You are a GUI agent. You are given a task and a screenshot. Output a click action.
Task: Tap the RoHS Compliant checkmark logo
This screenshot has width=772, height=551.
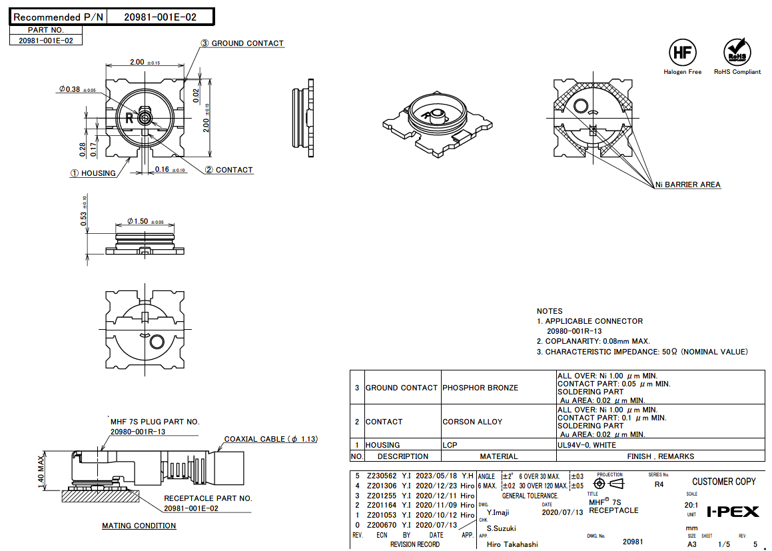click(x=737, y=52)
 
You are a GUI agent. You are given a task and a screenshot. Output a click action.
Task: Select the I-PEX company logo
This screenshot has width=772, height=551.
click(x=733, y=512)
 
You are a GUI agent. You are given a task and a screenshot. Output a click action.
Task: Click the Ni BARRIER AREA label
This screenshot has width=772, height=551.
click(x=687, y=185)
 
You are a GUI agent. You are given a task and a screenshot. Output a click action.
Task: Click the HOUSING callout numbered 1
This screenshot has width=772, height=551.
click(x=93, y=173)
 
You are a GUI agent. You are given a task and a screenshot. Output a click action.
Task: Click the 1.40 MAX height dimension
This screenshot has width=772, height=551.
click(x=41, y=471)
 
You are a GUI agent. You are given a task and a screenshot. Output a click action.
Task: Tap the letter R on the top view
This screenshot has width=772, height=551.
click(x=129, y=118)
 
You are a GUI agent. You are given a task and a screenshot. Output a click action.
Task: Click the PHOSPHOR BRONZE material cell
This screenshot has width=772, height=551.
click(x=480, y=388)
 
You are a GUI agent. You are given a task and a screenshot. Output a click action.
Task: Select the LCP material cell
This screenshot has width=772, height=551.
click(x=450, y=445)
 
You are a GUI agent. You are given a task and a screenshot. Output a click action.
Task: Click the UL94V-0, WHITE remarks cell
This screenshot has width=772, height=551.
click(x=587, y=445)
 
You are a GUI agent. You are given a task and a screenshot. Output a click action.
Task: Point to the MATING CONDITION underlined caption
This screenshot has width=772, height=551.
click(x=139, y=526)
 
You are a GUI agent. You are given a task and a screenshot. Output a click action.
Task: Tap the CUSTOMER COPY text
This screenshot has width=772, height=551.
click(x=724, y=482)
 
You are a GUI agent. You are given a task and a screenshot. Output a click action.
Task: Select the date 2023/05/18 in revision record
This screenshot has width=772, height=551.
click(x=436, y=476)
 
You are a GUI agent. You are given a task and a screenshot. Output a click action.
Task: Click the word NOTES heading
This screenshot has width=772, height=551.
click(x=550, y=311)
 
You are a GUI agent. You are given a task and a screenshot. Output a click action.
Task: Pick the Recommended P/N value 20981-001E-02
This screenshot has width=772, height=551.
click(x=160, y=17)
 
